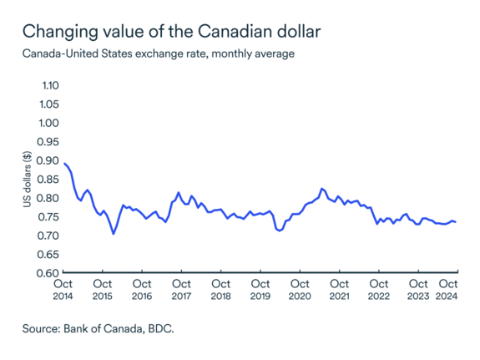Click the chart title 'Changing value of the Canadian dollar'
(170, 33)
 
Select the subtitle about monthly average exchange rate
(158, 54)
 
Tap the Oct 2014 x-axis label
(63, 289)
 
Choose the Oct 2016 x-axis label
(142, 289)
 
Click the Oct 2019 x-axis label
(260, 289)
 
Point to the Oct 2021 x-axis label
(339, 289)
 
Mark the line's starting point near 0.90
(64, 163)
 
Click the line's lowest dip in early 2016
(114, 234)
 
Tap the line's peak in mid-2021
(322, 189)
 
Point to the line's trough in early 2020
(279, 231)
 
